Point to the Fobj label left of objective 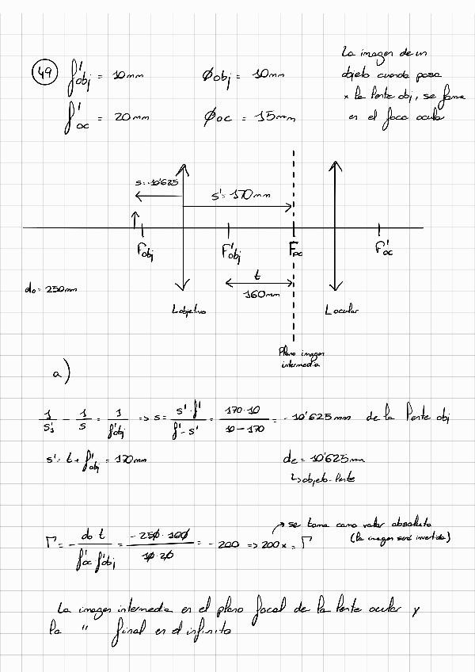click(145, 252)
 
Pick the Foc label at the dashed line click(295, 252)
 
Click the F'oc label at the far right click(384, 250)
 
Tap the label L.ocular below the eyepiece click(341, 311)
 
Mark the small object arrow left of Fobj click(135, 218)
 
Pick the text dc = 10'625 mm click(323, 458)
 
